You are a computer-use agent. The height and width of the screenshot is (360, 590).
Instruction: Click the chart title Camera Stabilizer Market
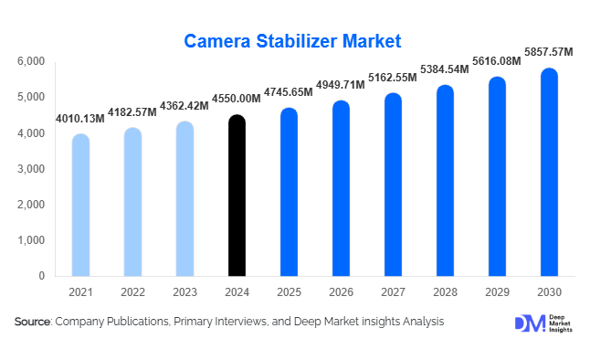293,41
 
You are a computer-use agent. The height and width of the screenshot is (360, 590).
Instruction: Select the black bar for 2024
237,196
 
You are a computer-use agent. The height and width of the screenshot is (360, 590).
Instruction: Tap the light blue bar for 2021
80,206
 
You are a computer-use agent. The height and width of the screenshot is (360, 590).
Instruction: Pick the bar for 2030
548,174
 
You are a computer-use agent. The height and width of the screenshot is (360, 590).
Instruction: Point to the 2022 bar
132,203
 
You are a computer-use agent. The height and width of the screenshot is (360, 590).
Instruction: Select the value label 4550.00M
237,99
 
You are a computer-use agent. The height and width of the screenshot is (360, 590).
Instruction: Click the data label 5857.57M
549,53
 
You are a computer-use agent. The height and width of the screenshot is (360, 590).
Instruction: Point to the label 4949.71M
341,85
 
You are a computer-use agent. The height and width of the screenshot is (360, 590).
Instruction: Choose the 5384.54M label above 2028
445,69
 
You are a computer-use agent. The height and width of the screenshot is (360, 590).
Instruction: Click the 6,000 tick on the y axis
31,61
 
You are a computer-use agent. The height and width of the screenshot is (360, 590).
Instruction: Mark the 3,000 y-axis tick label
31,169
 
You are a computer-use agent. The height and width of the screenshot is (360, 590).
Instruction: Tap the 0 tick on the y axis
41,276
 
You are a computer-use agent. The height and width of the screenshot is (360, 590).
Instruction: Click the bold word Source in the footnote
33,323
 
